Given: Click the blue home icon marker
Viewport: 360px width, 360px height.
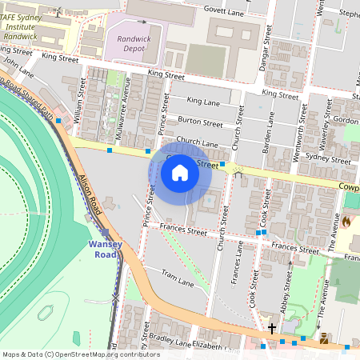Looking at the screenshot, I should tap(180, 171).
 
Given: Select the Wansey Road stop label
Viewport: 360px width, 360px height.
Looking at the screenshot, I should tap(104, 249).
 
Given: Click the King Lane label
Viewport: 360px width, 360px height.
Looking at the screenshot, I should tap(202, 101).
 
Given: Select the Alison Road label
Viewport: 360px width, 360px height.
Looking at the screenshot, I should tap(90, 194).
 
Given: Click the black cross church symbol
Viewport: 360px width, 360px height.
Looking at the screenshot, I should tap(272, 328).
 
